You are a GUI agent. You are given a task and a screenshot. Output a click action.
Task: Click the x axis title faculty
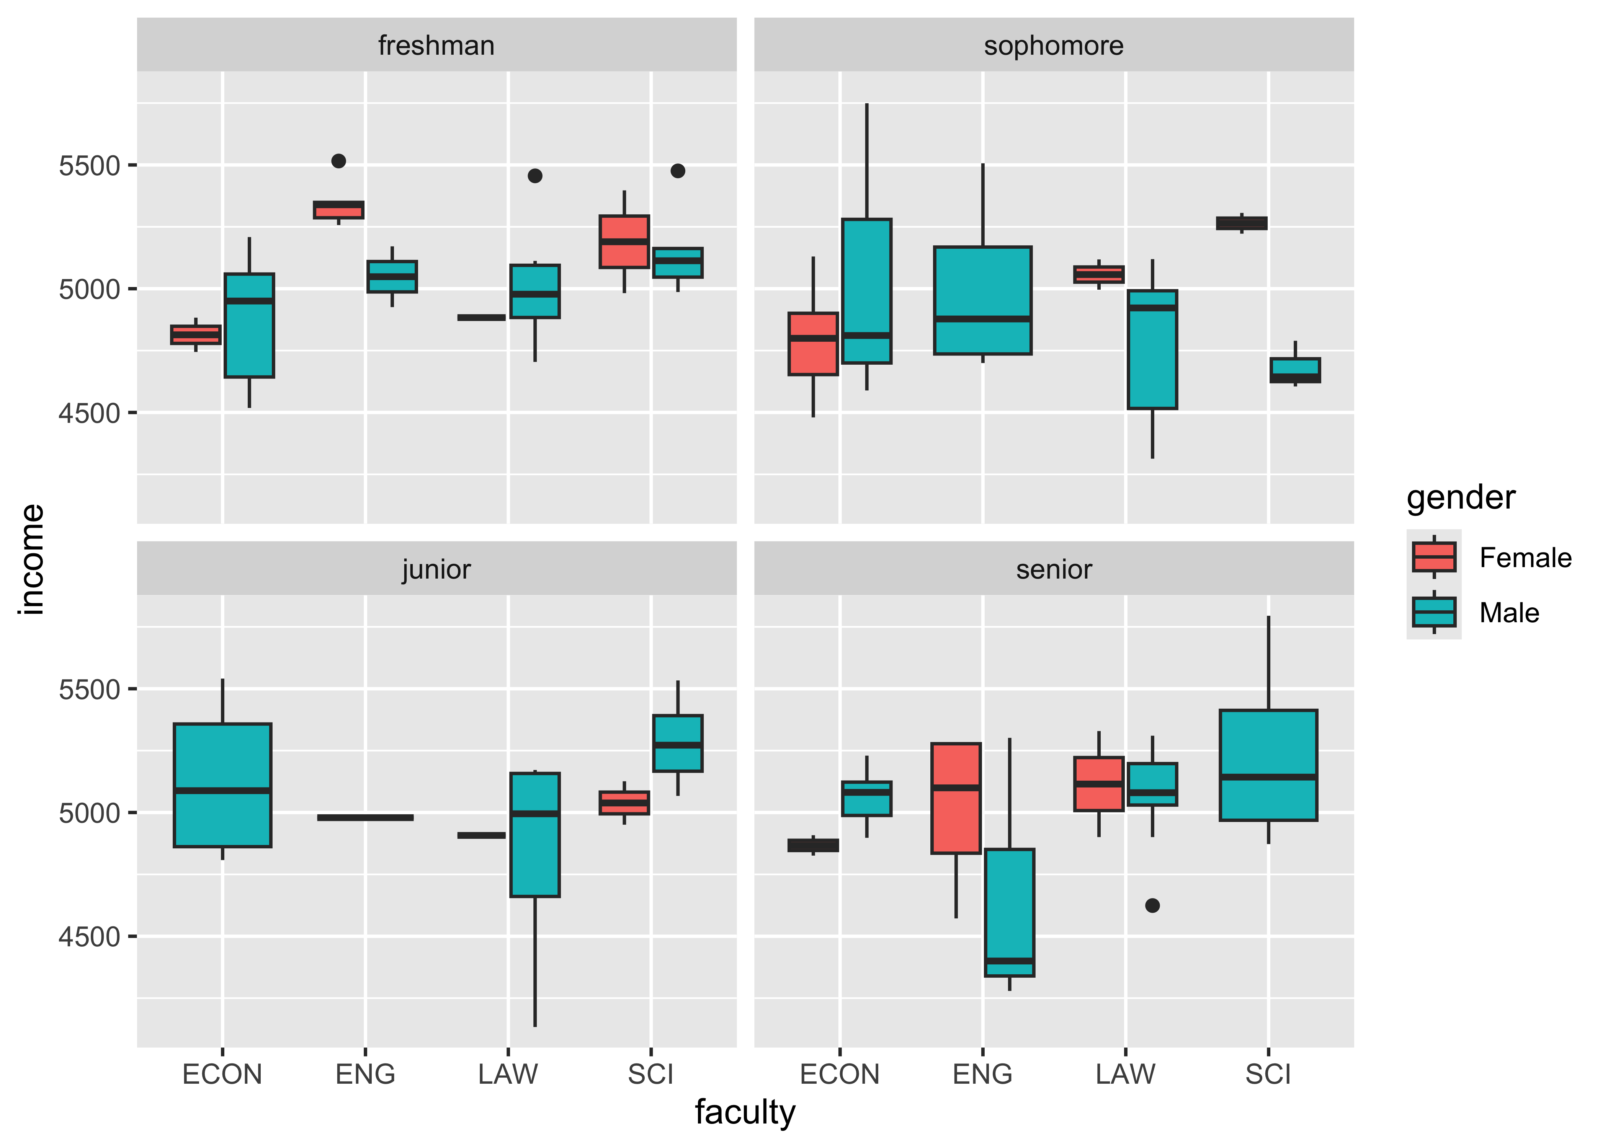click(745, 1112)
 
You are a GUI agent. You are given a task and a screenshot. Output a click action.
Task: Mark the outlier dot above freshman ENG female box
click(339, 161)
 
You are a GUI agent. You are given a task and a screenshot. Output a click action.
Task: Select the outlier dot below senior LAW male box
click(1153, 905)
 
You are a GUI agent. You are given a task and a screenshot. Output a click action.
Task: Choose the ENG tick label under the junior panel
click(365, 1075)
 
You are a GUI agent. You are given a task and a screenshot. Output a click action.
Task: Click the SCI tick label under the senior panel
click(1268, 1075)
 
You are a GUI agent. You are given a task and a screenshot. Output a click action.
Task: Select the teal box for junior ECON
click(223, 784)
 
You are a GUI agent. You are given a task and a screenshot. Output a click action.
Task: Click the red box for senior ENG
click(956, 799)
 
